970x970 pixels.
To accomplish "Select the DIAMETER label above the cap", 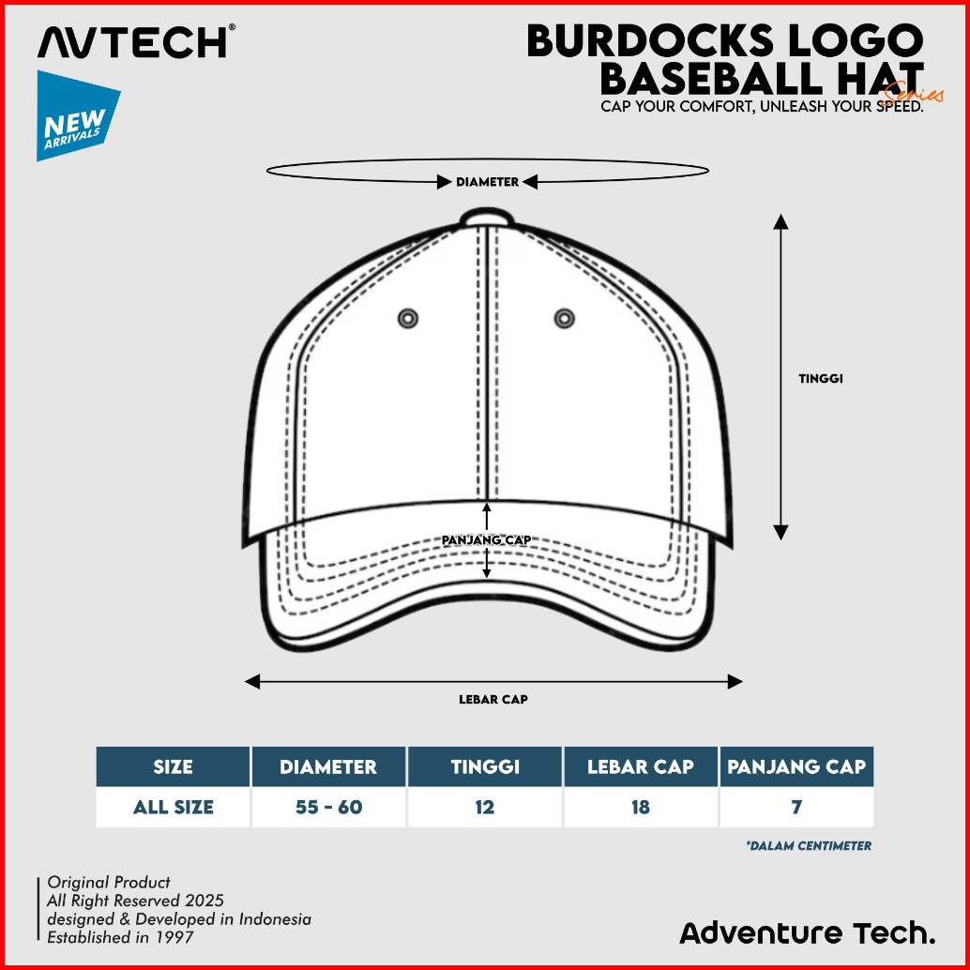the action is (487, 182).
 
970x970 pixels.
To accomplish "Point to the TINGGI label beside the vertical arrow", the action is (821, 379).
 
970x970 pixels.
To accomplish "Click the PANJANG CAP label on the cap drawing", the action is (487, 539).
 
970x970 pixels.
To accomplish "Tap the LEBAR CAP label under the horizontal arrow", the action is (493, 699).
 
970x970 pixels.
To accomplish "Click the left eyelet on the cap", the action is (408, 318).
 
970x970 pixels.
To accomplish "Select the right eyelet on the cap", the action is (563, 318).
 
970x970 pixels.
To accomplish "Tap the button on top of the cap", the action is (487, 218).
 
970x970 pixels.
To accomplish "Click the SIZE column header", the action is (173, 766).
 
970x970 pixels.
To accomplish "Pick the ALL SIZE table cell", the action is (173, 807).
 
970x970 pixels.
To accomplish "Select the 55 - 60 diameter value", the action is (328, 807).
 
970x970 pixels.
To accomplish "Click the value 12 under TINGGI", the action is (484, 807).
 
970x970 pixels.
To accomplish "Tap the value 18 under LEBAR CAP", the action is (641, 807).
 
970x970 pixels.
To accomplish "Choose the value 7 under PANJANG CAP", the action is (796, 807).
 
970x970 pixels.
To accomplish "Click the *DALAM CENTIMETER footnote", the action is (809, 845).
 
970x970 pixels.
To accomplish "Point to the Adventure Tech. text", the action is (807, 932).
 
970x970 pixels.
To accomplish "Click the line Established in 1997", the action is (121, 936).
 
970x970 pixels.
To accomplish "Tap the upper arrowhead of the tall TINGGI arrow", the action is (781, 221).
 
